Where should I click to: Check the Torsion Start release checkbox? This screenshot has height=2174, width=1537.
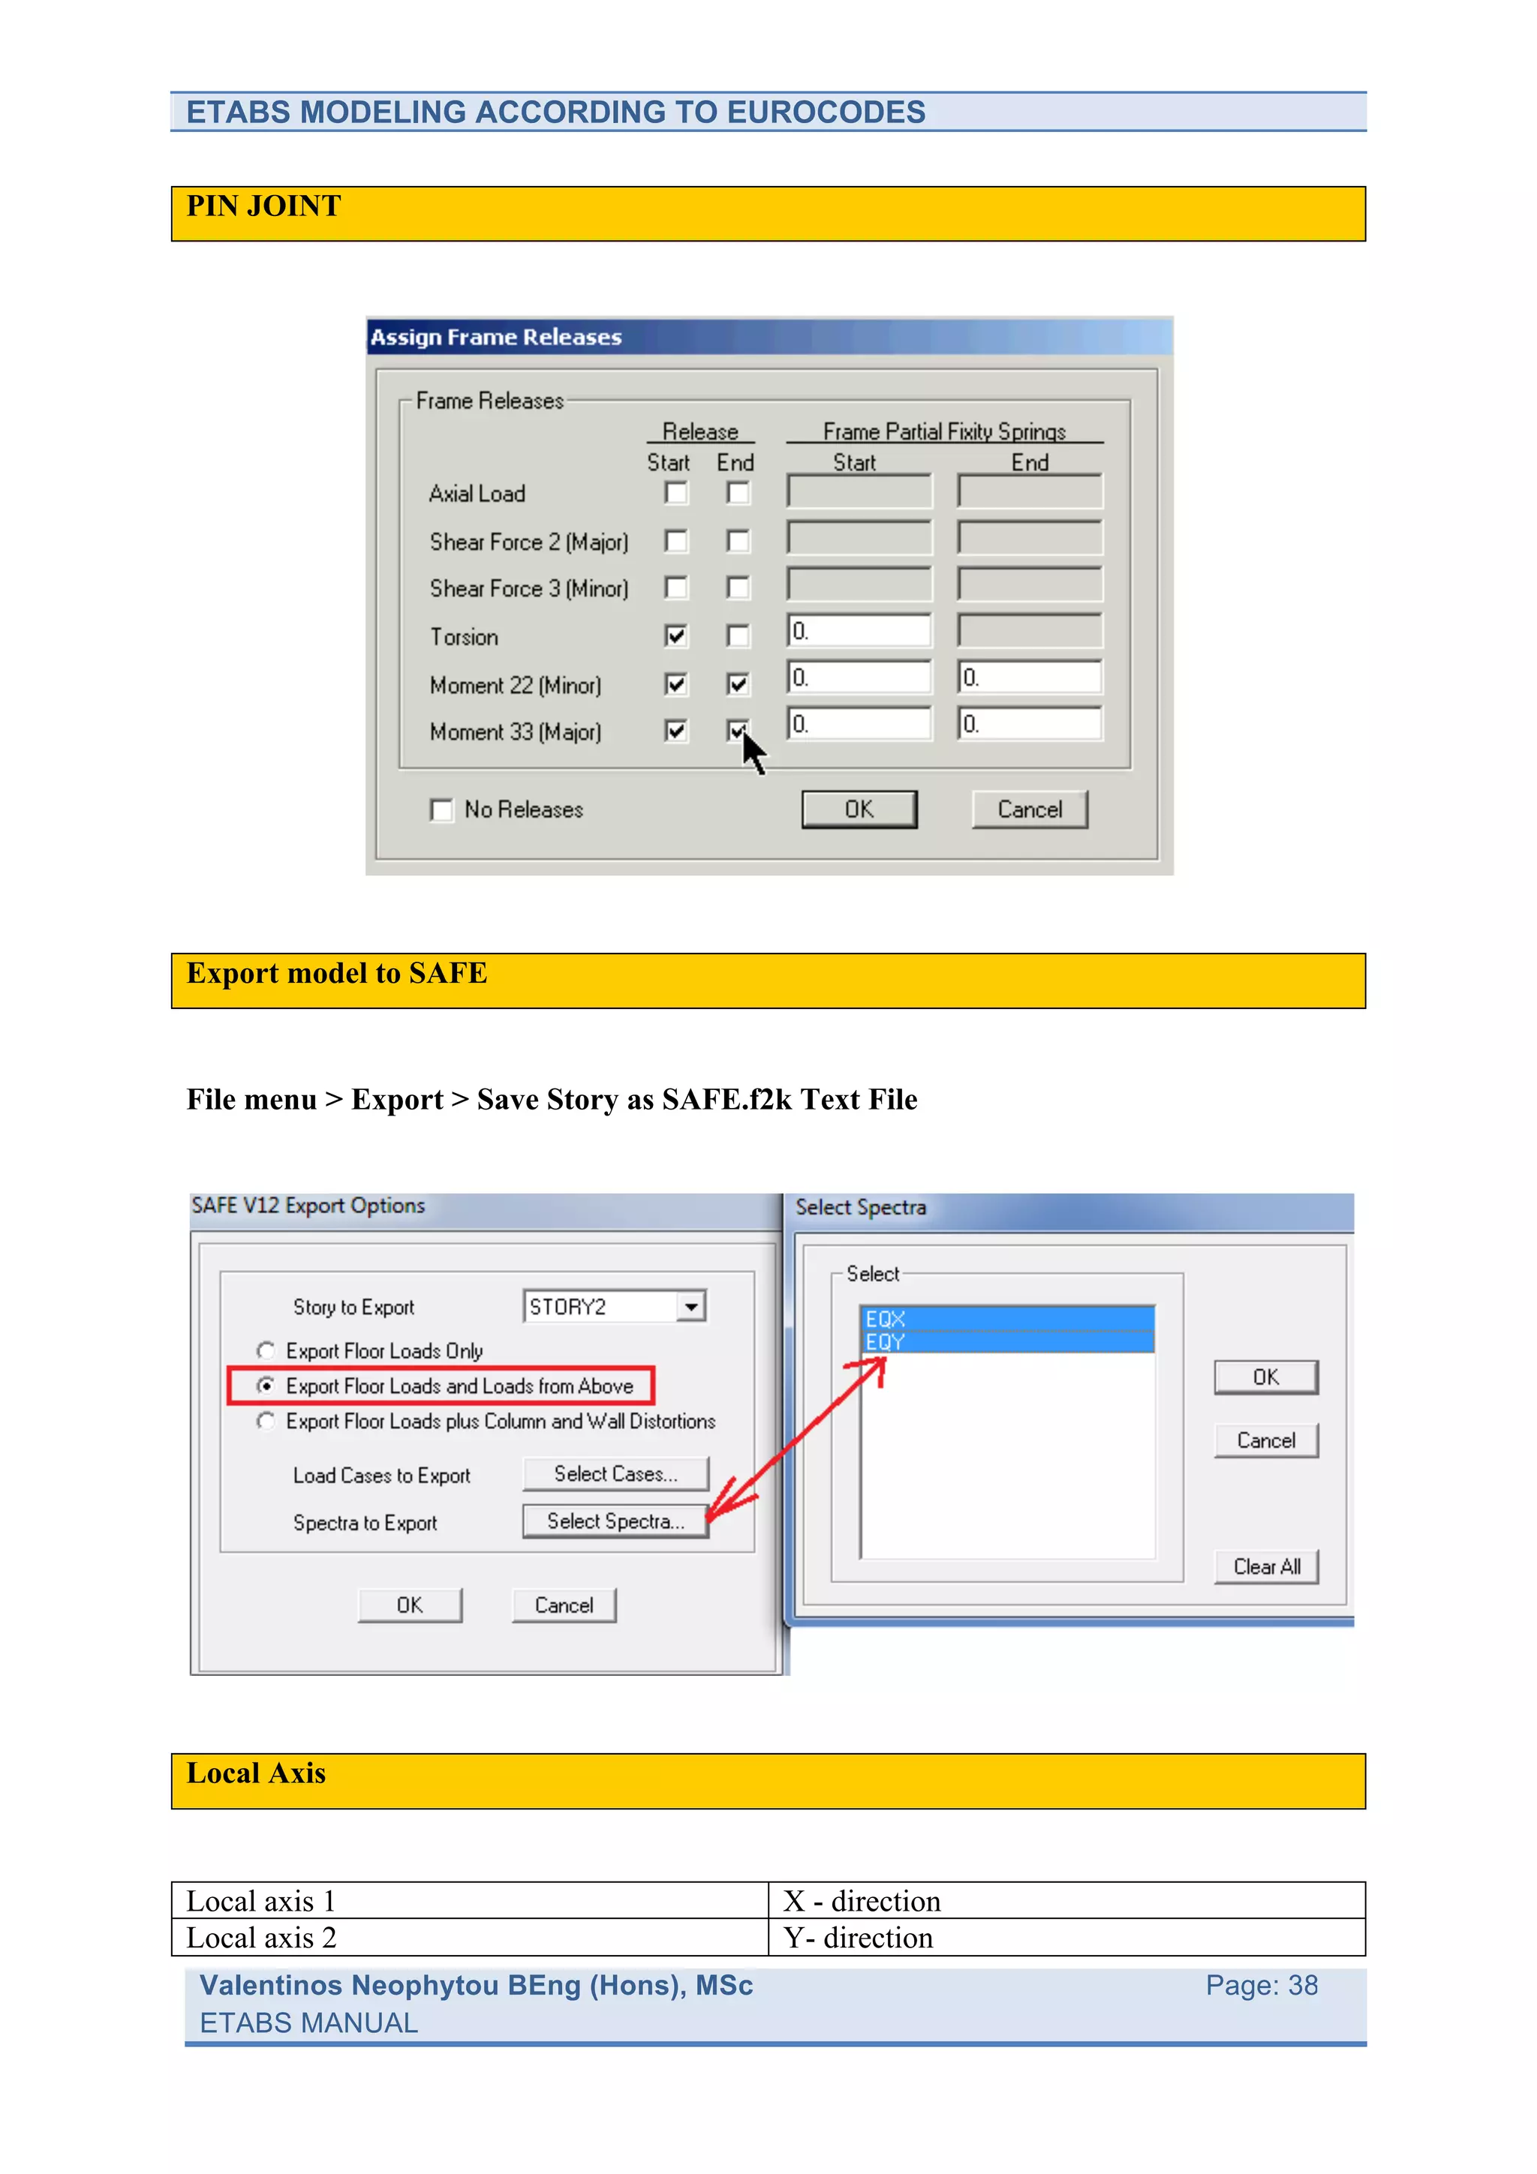[675, 635]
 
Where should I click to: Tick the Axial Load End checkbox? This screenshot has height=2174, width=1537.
[738, 494]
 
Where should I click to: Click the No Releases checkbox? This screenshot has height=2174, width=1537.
[441, 810]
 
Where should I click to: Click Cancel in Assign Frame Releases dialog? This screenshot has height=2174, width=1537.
[1030, 809]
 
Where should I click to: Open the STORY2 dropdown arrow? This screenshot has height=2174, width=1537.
[692, 1307]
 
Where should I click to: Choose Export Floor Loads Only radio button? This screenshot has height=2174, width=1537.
[266, 1350]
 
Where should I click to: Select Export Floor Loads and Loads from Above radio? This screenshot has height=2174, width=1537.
[266, 1386]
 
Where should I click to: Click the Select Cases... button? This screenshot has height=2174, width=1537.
[615, 1474]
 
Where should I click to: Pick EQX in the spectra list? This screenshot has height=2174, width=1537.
[1006, 1318]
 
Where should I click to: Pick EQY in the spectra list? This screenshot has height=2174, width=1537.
[1006, 1342]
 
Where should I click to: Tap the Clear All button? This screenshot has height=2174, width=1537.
[1266, 1567]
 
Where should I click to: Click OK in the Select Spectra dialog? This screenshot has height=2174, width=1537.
[1265, 1377]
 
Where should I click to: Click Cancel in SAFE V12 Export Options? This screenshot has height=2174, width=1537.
[564, 1606]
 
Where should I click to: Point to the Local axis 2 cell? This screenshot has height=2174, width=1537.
[261, 1938]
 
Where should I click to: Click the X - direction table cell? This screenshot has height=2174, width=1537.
[862, 1901]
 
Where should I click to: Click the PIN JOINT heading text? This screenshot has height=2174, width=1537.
[263, 206]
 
